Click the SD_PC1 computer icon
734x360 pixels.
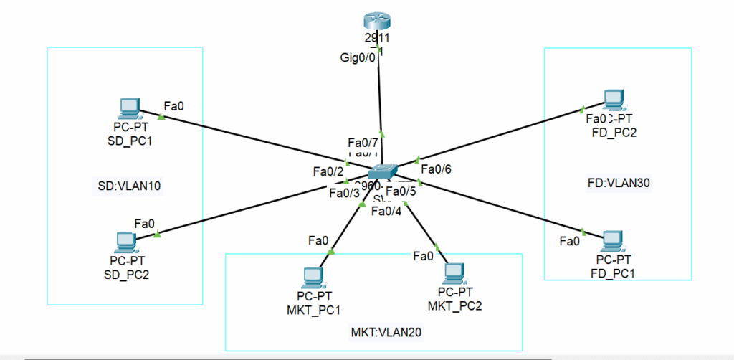click(129, 108)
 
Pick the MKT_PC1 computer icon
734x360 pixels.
click(313, 277)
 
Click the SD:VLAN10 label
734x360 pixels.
click(129, 186)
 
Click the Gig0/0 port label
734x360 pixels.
click(358, 58)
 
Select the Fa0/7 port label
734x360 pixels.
click(363, 141)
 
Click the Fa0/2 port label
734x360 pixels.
click(328, 171)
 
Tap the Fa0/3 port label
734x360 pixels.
click(344, 192)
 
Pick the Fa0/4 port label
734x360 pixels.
click(386, 209)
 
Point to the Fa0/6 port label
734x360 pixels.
click(435, 169)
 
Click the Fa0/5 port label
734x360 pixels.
click(401, 191)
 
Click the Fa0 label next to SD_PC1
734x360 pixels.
click(174, 106)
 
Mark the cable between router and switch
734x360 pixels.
click(380, 100)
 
